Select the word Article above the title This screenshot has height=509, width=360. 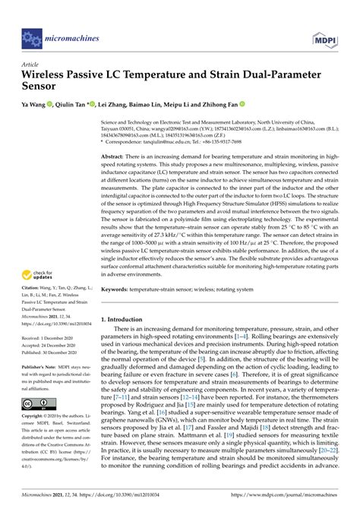pos(31,65)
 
